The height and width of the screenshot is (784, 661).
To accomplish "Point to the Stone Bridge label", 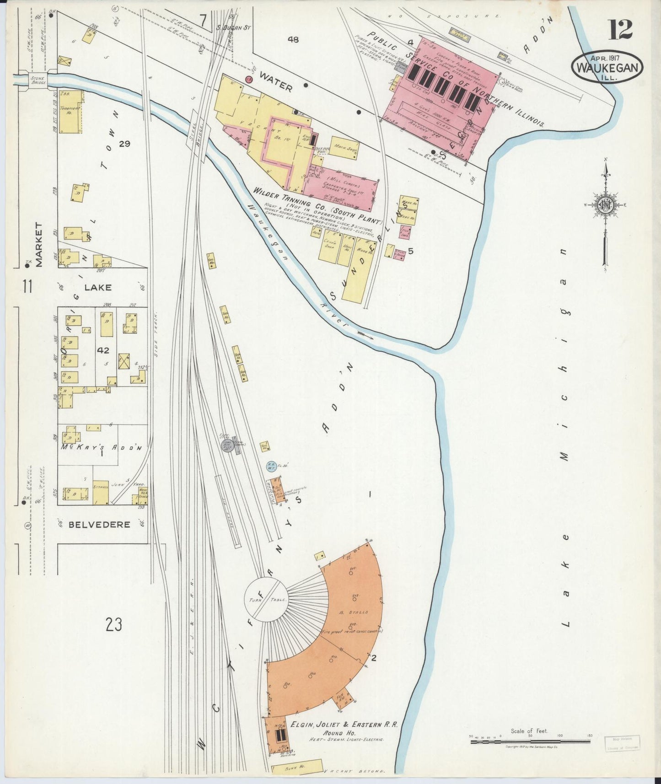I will click(37, 81).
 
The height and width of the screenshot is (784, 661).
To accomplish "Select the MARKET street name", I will click(38, 245).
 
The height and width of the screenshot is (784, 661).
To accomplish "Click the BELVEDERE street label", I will click(99, 524).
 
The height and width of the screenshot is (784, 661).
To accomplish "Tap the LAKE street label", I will click(97, 287).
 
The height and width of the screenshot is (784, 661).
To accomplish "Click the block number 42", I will click(103, 350).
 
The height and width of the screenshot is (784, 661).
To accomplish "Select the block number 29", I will click(124, 144).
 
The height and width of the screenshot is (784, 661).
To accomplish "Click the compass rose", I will click(606, 206).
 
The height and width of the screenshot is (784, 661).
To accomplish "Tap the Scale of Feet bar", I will click(531, 741).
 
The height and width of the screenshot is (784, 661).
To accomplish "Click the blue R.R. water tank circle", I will click(270, 466).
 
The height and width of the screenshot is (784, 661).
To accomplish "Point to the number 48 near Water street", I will click(293, 40).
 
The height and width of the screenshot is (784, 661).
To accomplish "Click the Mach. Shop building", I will click(343, 148).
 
